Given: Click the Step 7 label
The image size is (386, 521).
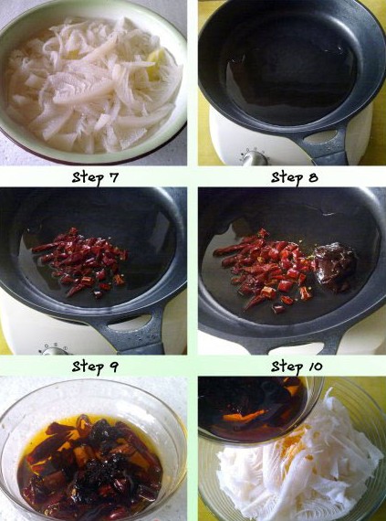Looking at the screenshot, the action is point(95,177).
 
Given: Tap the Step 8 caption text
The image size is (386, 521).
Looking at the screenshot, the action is point(295,177).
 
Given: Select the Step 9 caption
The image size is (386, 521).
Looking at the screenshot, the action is point(95,367).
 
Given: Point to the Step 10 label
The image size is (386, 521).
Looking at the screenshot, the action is point(297,367).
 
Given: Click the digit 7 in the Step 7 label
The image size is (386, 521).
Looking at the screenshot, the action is point(114,177).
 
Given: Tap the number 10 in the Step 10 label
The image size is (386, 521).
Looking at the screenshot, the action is point(316,367).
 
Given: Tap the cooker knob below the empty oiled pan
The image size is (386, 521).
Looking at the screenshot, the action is point(255,157).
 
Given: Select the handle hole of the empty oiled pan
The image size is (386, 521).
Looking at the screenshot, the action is point(320,136).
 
